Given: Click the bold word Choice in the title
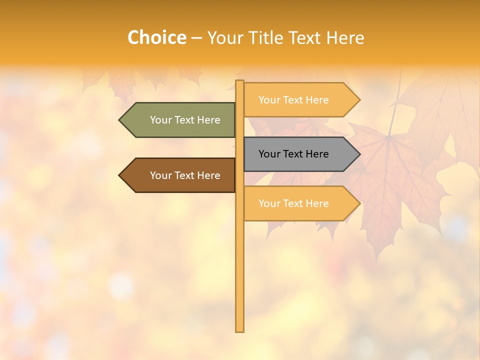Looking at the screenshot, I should point(156,37).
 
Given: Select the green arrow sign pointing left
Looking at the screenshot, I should point(180,120).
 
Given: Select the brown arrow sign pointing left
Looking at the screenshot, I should point(180,175).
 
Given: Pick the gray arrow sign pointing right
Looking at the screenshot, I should point(300,154).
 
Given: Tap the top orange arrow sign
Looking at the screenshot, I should point(300,100).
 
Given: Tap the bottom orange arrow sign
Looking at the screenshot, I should point(300,203).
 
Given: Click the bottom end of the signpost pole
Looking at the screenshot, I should point(240,330).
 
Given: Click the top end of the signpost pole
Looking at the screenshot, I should point(240,82).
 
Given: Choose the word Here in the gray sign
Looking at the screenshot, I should point(317,154).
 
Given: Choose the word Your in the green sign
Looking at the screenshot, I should point(160,120).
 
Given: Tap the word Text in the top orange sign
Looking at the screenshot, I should point(292,100).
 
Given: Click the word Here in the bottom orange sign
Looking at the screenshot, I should point(317,203).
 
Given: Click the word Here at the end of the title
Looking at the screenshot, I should point(345,37).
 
